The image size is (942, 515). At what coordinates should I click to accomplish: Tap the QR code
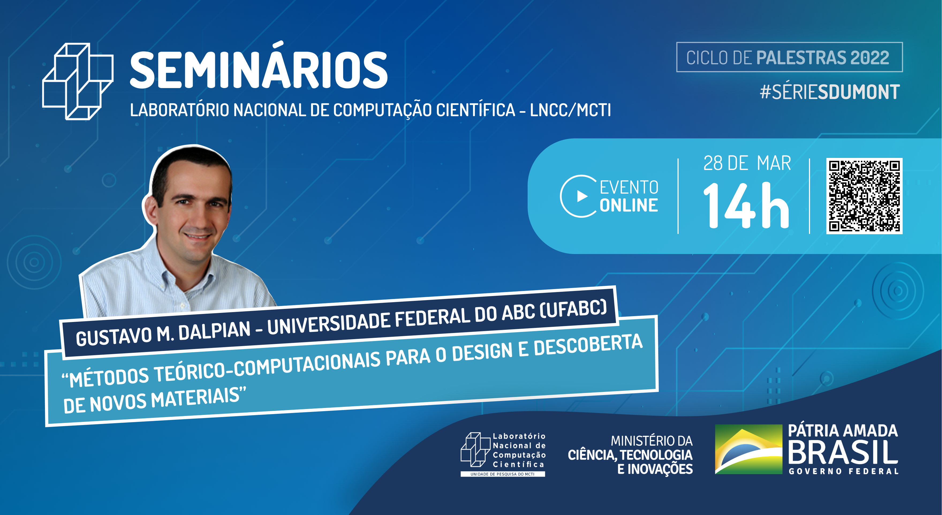coord(864,196)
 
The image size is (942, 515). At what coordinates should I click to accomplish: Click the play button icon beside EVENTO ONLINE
coord(581,196)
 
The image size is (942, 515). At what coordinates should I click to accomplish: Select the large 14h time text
coord(746,206)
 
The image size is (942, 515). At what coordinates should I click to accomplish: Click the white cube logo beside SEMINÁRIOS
coord(78,81)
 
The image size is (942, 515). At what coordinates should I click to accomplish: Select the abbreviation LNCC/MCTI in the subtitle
coord(570,110)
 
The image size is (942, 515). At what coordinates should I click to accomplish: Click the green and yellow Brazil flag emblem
coord(748,449)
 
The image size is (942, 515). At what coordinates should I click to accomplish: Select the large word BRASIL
coord(843,452)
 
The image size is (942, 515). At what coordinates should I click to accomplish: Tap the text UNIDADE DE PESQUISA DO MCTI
coord(502,474)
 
